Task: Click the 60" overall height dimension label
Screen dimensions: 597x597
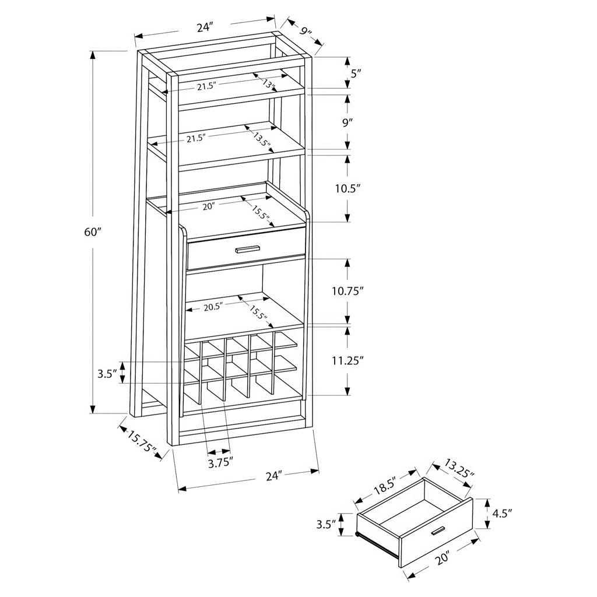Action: (x=93, y=232)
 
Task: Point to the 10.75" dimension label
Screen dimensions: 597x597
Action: (x=348, y=292)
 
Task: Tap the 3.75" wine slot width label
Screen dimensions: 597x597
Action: (x=220, y=462)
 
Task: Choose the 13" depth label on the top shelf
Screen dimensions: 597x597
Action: (x=269, y=84)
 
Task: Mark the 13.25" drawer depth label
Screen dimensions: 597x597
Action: (x=458, y=469)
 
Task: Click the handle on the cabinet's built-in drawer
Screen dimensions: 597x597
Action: (x=247, y=249)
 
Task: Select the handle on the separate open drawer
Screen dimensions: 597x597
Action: (x=438, y=531)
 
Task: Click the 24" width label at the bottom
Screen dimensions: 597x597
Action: (x=274, y=476)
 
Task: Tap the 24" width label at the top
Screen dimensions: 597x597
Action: (x=204, y=27)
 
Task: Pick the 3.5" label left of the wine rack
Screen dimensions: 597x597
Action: (x=107, y=374)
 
